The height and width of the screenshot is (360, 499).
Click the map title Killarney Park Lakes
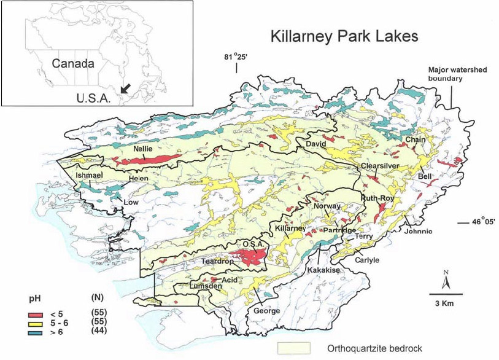pos(344,36)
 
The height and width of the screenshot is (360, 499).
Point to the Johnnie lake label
pos(418,231)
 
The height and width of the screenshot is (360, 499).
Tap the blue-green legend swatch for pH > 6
pos(38,332)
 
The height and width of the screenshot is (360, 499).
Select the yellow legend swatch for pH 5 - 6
pos(38,323)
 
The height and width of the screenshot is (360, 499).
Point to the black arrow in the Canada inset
pos(125,88)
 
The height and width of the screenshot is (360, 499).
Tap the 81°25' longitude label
pos(234,58)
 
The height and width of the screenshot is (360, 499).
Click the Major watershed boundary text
pos(457,74)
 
